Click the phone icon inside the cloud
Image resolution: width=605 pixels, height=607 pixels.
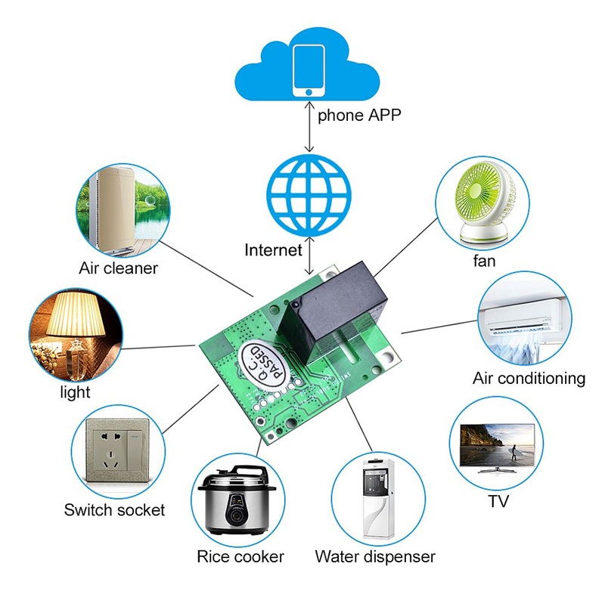coord(309,70)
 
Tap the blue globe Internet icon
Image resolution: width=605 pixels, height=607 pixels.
coord(309,195)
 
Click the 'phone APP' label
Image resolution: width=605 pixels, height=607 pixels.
coord(359,116)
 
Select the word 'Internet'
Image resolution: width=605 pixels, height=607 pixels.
coord(273,250)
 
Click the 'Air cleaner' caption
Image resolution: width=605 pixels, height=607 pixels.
coord(118,268)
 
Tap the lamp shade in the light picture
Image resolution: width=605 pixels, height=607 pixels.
coord(76,314)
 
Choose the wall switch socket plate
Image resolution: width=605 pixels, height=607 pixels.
coord(118,451)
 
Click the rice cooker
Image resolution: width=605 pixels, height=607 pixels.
coord(237,500)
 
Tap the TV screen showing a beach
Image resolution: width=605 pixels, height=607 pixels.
coord(498,445)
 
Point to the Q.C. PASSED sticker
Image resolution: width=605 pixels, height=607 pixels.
coord(262,364)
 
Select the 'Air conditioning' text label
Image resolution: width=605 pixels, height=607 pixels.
coord(529,378)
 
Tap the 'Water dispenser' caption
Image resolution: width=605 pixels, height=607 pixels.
coord(375,556)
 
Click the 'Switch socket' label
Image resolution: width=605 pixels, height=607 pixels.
coord(114,509)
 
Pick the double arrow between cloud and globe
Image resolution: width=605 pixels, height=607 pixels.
coord(309,126)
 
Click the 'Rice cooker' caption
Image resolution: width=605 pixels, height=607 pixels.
coord(240,556)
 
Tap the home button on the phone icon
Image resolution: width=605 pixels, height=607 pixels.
coord(309,92)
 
